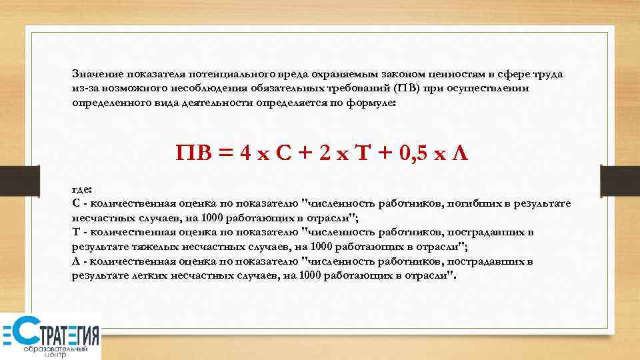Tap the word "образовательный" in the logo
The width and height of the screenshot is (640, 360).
56,349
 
